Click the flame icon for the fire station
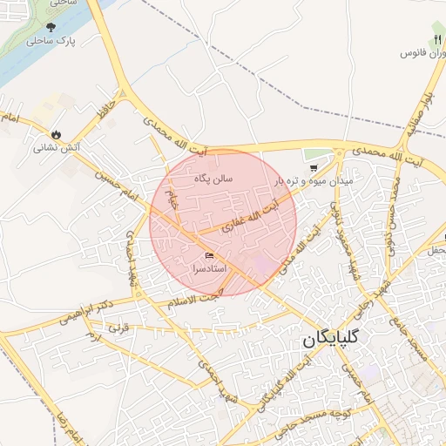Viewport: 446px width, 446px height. coord(57,135)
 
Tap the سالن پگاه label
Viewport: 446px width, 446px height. coord(213,178)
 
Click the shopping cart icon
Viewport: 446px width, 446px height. coord(314,167)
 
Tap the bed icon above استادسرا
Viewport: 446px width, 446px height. coord(208,256)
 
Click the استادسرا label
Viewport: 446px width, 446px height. coord(210,269)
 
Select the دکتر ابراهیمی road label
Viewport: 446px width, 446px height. coord(86,311)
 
